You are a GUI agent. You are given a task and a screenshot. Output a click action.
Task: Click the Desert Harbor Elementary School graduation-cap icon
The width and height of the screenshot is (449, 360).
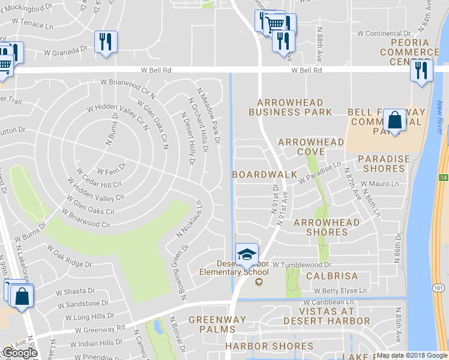tap(247, 254)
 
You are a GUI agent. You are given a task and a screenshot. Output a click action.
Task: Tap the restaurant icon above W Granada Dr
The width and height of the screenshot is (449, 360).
tap(106, 42)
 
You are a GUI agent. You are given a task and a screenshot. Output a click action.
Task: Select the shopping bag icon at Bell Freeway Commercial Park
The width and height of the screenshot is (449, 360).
tap(396, 121)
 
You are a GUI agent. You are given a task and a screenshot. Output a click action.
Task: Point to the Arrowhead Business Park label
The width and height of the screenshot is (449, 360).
tap(290, 107)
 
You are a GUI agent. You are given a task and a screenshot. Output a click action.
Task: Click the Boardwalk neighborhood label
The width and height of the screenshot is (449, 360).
tap(265, 175)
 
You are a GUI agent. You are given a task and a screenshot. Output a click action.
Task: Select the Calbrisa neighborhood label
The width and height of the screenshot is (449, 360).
tap(332, 277)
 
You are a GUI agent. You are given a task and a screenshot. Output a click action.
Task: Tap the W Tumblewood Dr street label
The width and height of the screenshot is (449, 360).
tap(302, 265)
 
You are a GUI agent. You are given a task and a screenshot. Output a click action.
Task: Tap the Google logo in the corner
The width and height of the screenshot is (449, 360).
tap(20, 353)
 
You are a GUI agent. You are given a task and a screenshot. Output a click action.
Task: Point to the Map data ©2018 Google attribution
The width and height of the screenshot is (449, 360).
tap(412, 355)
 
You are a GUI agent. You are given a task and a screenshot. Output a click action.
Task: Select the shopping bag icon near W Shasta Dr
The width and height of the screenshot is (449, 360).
tap(22, 297)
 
